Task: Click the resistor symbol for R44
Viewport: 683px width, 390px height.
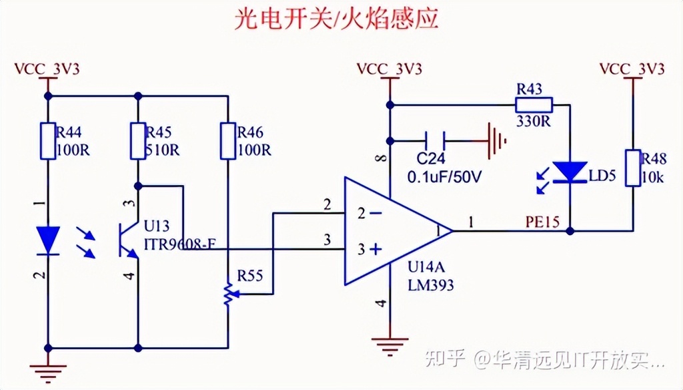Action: pos(47,141)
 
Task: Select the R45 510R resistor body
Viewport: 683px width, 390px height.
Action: pos(137,141)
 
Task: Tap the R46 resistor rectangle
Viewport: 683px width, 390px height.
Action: pos(228,141)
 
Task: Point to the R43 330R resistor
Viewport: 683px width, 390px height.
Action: pos(534,104)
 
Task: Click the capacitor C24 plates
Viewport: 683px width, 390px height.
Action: pos(435,140)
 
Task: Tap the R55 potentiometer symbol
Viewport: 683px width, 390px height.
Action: pos(228,294)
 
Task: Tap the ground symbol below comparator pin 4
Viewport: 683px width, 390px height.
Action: pos(390,345)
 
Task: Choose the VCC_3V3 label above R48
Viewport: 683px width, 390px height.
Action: pos(632,69)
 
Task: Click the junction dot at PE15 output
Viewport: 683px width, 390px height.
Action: pos(570,231)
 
